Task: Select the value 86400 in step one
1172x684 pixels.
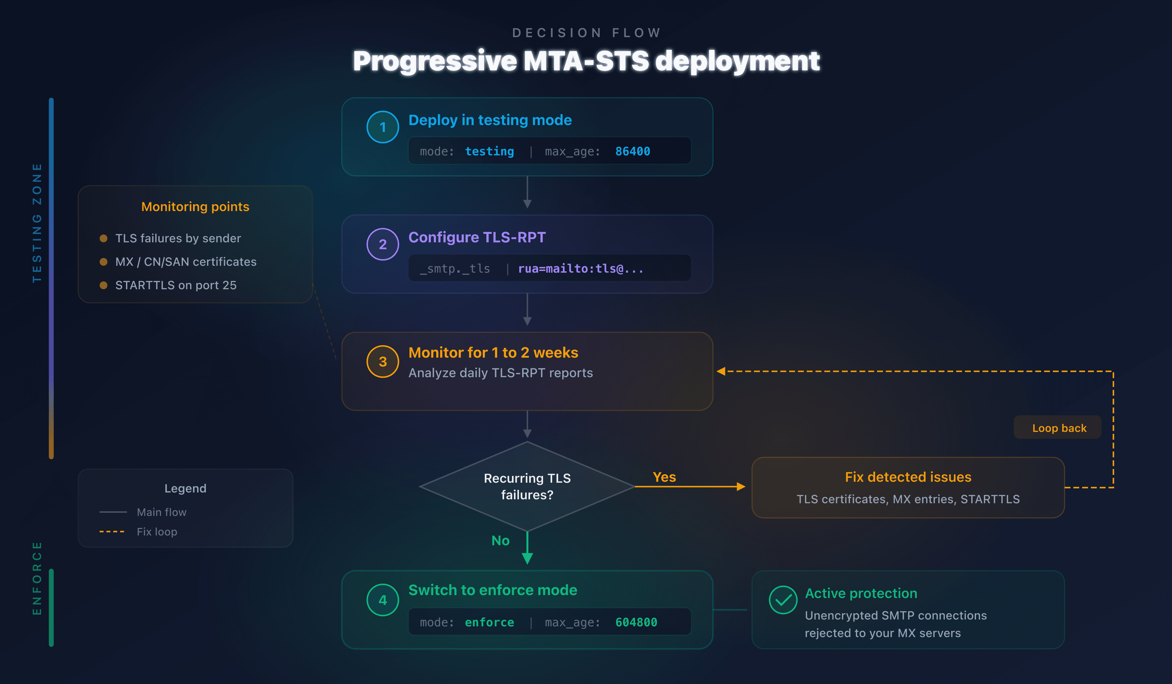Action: click(633, 151)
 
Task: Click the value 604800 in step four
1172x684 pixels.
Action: click(636, 622)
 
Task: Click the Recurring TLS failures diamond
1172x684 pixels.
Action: click(527, 486)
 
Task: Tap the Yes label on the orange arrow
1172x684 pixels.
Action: click(664, 477)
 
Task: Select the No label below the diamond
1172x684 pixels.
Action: click(500, 540)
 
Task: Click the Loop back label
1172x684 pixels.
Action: click(1059, 428)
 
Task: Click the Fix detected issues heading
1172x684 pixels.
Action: click(908, 477)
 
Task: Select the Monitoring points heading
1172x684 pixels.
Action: click(195, 207)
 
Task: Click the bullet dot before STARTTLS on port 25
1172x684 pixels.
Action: click(104, 285)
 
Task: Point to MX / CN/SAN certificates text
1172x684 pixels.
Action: click(186, 262)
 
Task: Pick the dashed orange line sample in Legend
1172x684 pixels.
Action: click(112, 531)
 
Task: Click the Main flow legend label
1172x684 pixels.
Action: click(161, 512)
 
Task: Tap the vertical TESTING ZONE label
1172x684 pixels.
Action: click(37, 223)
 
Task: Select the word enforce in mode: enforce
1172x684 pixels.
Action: click(489, 622)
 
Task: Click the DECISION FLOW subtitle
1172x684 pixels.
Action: click(586, 33)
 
